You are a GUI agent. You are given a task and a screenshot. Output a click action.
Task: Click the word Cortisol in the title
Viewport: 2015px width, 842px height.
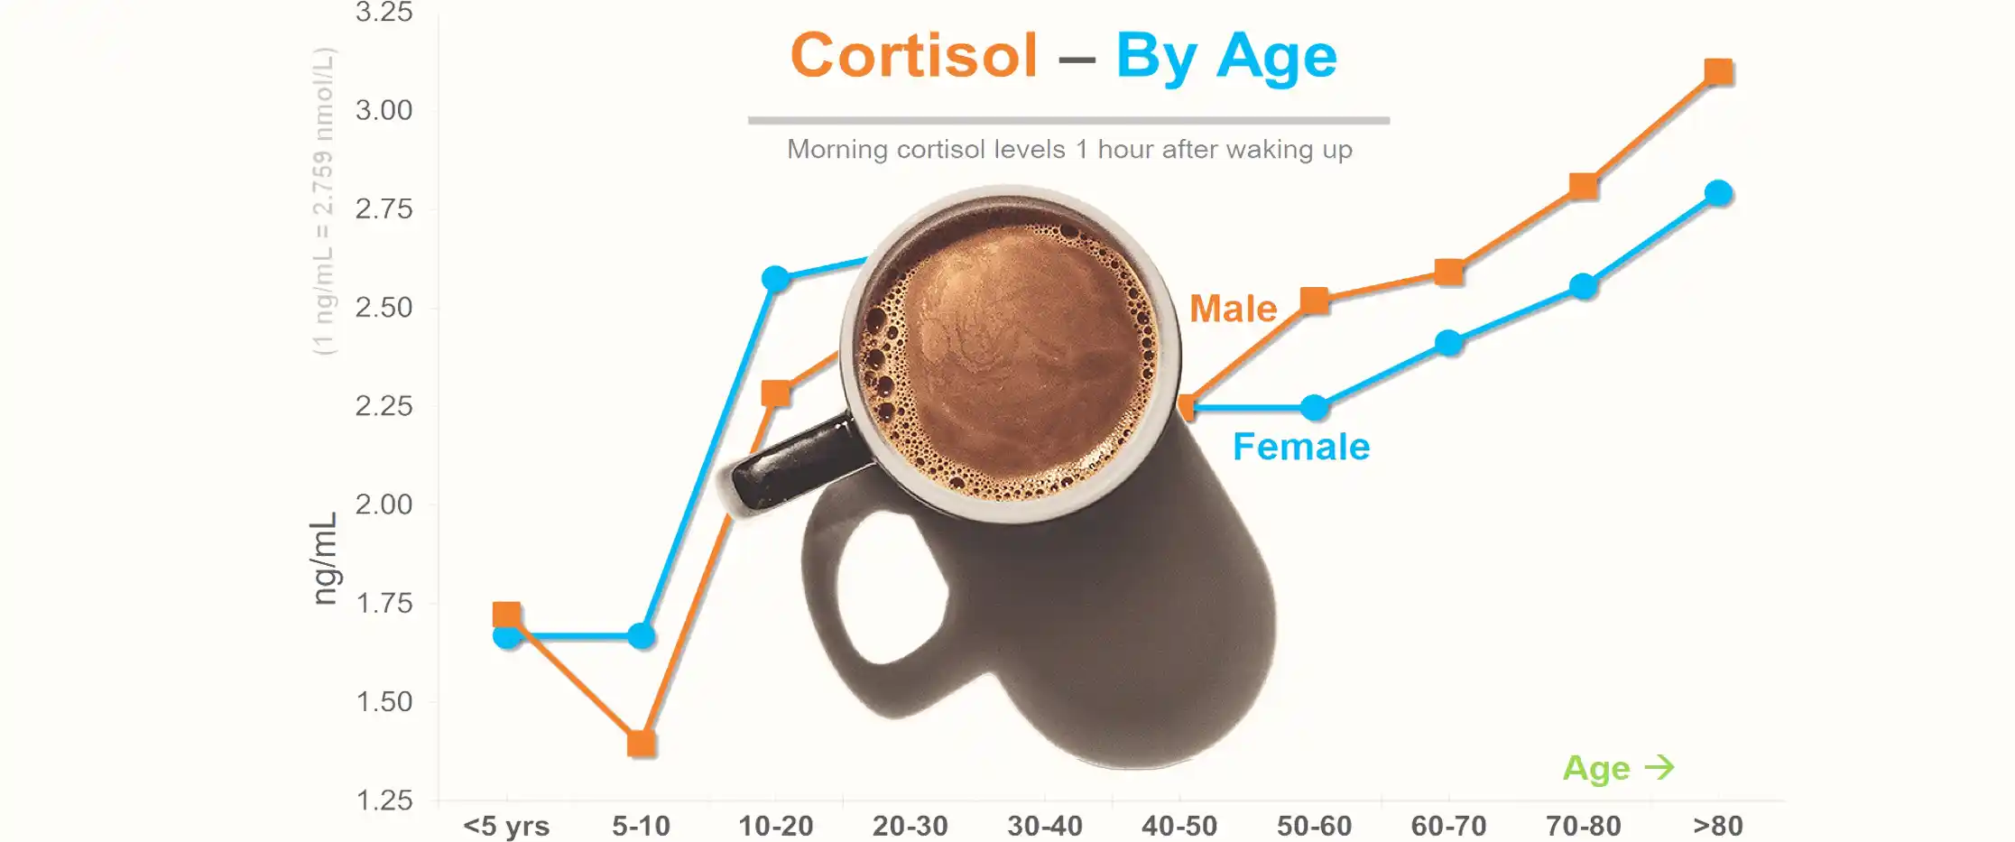[x=914, y=55]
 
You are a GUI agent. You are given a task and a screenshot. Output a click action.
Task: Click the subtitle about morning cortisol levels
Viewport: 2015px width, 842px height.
[x=1069, y=149]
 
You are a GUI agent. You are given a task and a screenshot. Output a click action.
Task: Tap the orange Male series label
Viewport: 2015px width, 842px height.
[x=1233, y=309]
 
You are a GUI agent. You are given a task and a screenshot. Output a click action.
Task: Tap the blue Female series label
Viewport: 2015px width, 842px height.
[x=1301, y=447]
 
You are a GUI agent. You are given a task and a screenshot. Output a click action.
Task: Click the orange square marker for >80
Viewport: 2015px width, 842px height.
[x=1718, y=71]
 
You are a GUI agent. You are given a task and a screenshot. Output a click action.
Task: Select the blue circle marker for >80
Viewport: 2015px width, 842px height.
[x=1718, y=193]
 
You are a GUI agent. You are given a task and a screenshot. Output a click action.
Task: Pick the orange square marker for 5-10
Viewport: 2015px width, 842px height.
[x=641, y=744]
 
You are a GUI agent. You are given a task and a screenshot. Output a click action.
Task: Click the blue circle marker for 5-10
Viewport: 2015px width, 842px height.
[x=641, y=636]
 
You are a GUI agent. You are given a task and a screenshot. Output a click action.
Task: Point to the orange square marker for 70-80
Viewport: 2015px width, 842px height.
[x=1583, y=186]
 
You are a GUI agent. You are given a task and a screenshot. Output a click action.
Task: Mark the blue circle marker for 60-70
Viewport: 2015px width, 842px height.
[x=1448, y=343]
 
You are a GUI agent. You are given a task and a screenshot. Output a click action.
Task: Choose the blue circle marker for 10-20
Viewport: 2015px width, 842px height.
[x=776, y=278]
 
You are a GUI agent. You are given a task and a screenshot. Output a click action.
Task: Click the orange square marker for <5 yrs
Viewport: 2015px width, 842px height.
[x=506, y=615]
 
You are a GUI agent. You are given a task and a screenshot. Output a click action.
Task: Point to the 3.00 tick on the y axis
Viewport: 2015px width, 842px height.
[x=384, y=110]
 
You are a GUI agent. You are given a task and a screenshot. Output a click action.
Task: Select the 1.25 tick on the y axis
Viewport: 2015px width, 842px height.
[x=384, y=800]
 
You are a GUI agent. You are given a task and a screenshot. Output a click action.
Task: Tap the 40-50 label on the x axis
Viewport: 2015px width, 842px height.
[x=1179, y=826]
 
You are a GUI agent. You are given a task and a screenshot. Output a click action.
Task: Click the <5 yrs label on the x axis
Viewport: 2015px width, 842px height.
[x=506, y=826]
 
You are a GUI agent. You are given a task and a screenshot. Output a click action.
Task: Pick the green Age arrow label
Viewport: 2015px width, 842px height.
[x=1618, y=768]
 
